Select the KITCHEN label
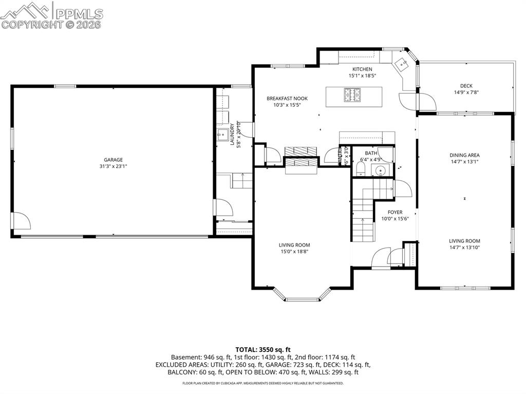(362, 69)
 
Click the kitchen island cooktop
(354, 95)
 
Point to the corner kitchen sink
(403, 64)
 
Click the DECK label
(466, 86)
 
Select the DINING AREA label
(464, 155)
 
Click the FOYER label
(395, 212)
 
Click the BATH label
(371, 153)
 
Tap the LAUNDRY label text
(232, 135)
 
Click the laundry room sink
(222, 136)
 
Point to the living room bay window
(302, 296)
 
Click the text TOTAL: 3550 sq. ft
(262, 349)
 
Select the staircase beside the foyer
(363, 221)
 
